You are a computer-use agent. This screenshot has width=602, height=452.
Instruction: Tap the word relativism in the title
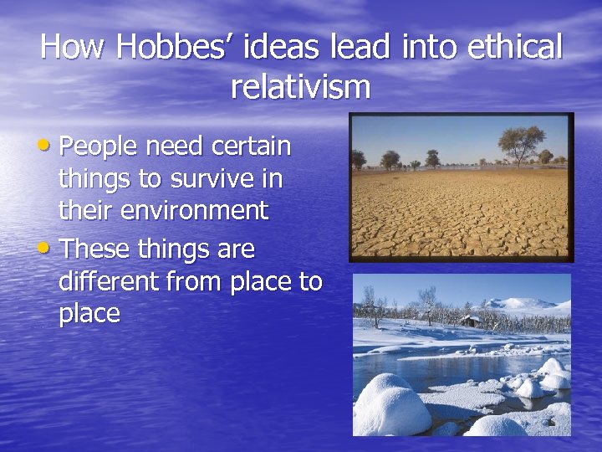[x=301, y=86]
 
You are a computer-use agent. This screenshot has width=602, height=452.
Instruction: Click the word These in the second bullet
[x=92, y=249]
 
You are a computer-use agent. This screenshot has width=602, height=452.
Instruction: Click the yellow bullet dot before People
[x=52, y=146]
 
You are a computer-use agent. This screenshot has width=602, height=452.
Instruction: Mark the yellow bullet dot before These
[x=52, y=249]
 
